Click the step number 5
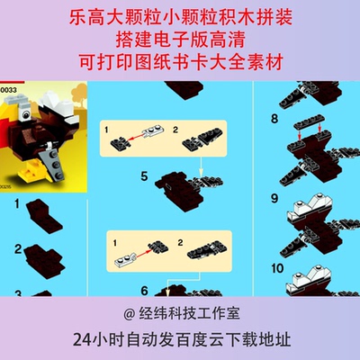click(144, 176)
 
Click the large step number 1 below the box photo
click(18, 207)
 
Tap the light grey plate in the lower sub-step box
click(129, 261)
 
